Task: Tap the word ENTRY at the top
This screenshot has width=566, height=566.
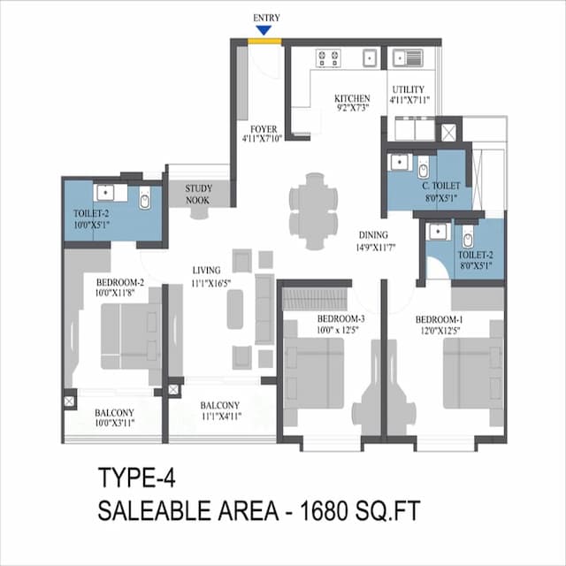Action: [x=266, y=18]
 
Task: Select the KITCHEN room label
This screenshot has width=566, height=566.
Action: [x=351, y=97]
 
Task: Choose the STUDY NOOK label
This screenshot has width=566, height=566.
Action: [x=198, y=194]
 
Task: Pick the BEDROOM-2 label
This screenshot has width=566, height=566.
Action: [x=119, y=284]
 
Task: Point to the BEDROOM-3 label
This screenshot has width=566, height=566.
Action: [x=340, y=318]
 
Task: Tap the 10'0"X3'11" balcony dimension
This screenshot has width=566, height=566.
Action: [x=114, y=424]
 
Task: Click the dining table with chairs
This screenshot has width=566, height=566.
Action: [x=313, y=210]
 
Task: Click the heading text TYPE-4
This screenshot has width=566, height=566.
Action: [x=137, y=479]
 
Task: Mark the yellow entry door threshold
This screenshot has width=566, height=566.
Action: [x=260, y=40]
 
